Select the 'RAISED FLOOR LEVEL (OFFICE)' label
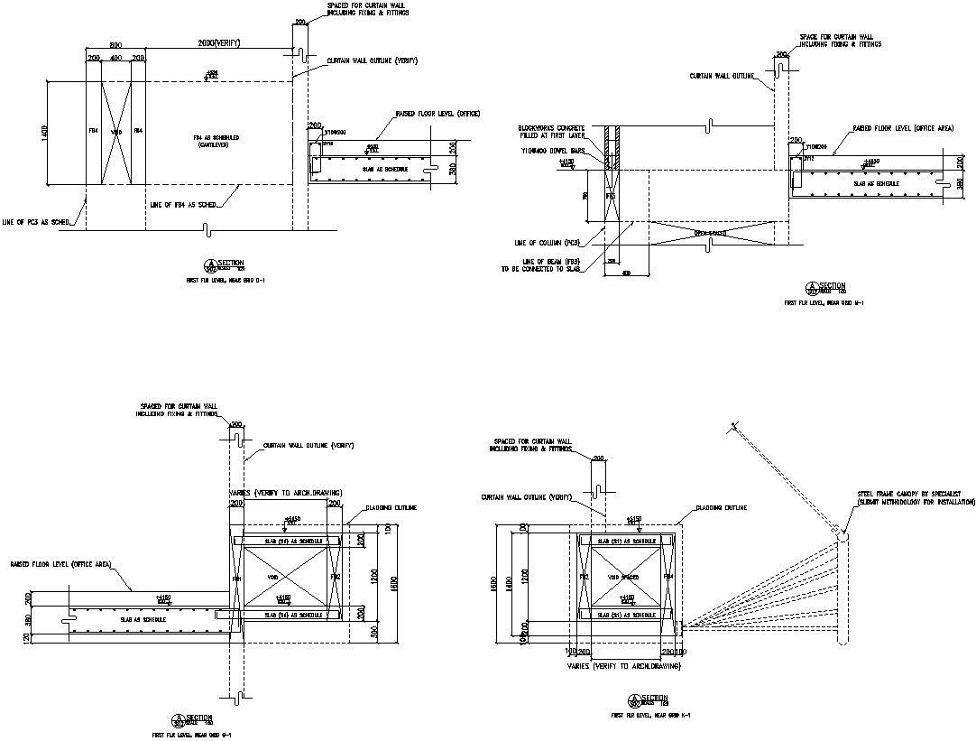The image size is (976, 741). [x=437, y=114]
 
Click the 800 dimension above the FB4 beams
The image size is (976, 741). [x=115, y=44]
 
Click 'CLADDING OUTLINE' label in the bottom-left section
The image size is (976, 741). [x=391, y=508]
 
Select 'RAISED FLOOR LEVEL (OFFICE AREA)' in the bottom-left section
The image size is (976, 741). [x=60, y=564]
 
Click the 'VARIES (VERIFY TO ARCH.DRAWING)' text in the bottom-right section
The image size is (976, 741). [x=623, y=665]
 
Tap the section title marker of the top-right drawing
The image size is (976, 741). [x=825, y=287]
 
